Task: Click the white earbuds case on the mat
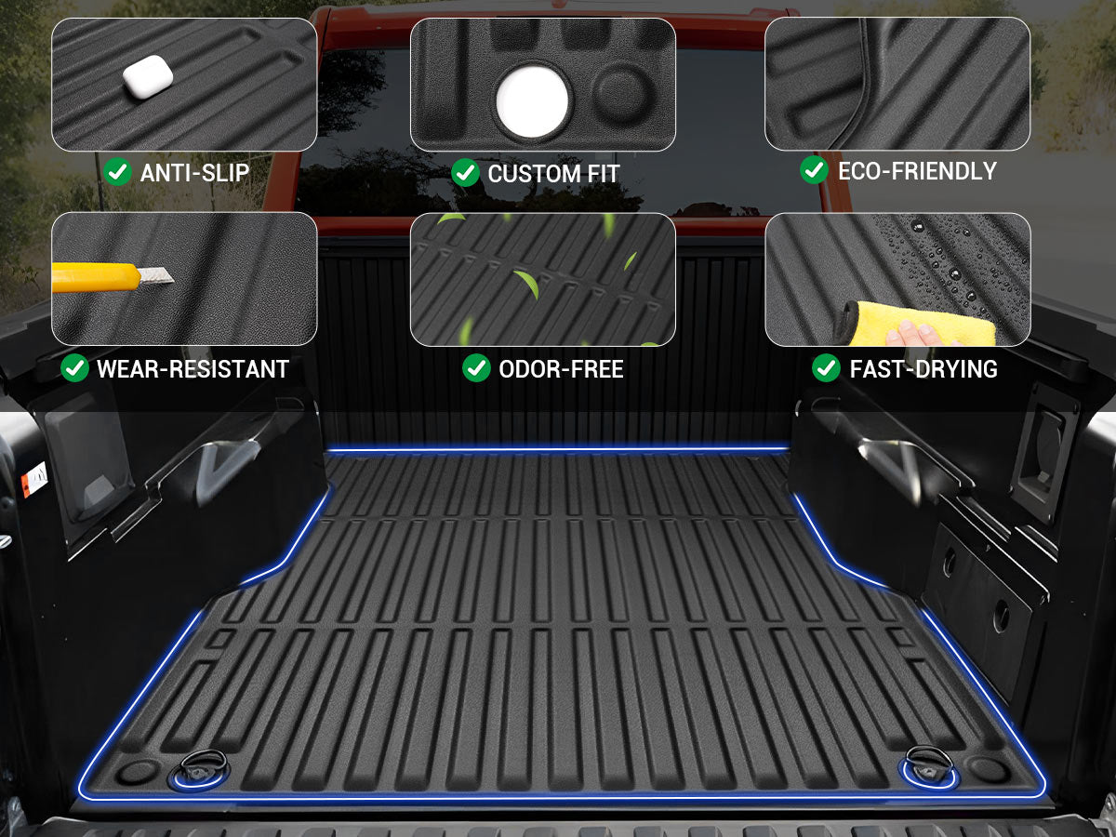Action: tap(148, 77)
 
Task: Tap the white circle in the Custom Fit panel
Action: tap(532, 101)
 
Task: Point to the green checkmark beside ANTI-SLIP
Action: tap(117, 172)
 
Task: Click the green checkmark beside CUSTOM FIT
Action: tap(465, 172)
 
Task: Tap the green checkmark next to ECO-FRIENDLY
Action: tap(814, 170)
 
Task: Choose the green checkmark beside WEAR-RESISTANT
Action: tap(74, 367)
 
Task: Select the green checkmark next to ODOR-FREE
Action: tap(476, 367)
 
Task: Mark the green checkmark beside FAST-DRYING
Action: tap(826, 367)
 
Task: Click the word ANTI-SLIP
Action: tap(194, 173)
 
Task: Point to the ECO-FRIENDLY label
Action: tap(917, 171)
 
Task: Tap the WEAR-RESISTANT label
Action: tap(193, 368)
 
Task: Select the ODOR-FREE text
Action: tap(561, 368)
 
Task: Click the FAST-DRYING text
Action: tap(923, 368)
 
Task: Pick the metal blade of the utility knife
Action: tap(156, 275)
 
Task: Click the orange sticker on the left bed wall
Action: tap(34, 479)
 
